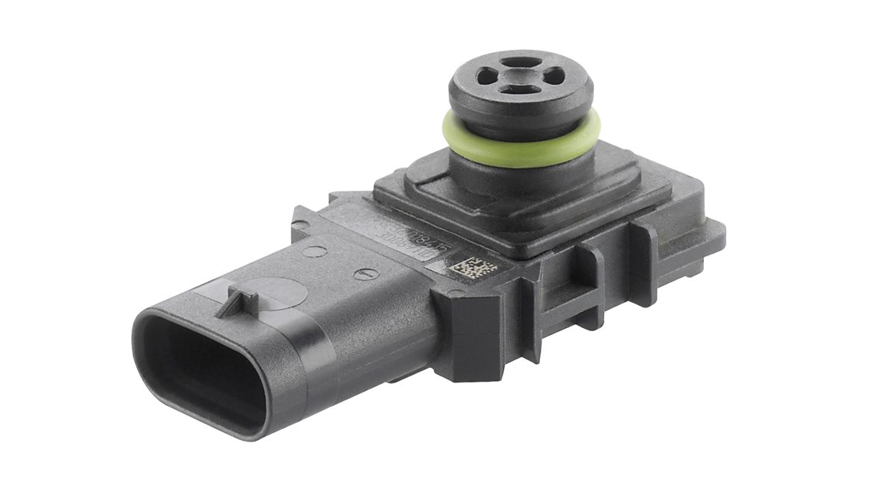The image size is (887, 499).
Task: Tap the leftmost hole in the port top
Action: [x=487, y=75]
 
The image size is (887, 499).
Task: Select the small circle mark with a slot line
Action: [x=368, y=273]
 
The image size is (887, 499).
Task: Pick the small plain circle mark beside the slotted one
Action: [x=313, y=250]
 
